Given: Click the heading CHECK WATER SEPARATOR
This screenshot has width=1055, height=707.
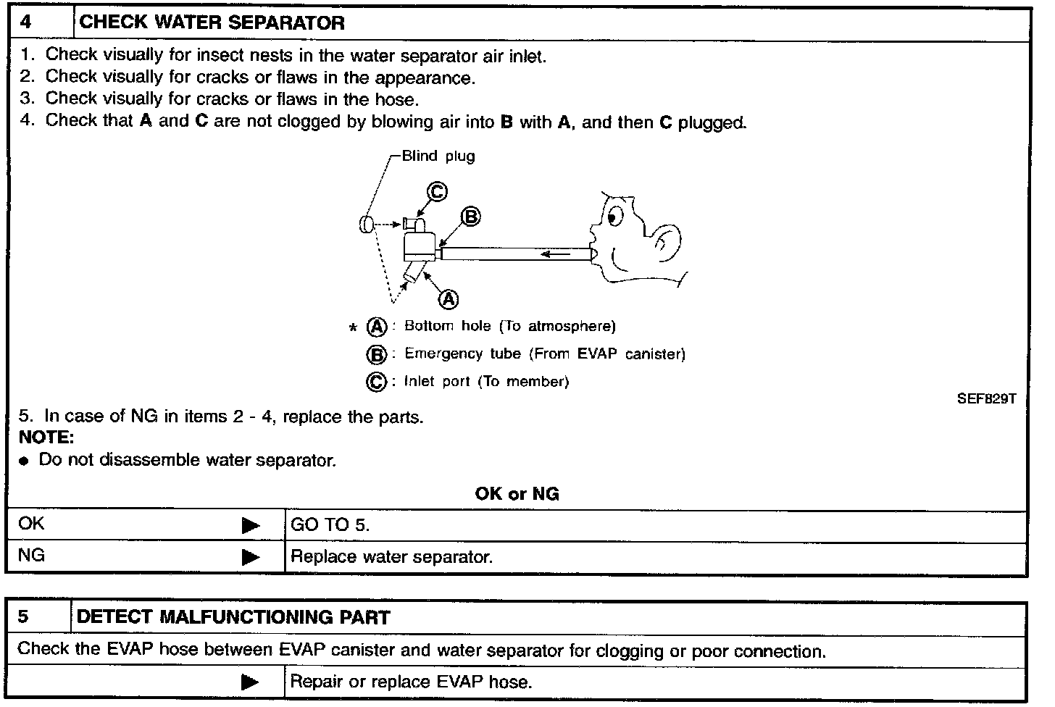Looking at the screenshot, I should [x=212, y=22].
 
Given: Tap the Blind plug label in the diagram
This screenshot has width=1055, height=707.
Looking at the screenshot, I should [x=438, y=156].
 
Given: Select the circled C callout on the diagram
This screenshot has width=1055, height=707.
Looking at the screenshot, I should [x=436, y=191].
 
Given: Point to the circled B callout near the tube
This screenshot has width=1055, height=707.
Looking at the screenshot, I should [x=471, y=216].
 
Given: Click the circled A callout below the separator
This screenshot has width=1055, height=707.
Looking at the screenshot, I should [x=449, y=298].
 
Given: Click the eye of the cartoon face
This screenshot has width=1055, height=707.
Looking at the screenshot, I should [x=614, y=216].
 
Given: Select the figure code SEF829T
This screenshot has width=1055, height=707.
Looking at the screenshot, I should [x=986, y=398].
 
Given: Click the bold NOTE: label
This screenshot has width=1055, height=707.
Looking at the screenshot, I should [x=46, y=438].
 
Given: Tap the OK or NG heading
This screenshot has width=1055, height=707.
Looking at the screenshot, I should [x=517, y=494].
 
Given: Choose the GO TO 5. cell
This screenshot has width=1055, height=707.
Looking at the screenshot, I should [x=330, y=525].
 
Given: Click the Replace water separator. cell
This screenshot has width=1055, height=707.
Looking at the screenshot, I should [x=391, y=557].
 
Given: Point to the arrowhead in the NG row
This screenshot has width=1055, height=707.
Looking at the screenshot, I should [x=251, y=557].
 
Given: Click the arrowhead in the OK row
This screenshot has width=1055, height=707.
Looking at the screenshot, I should [x=251, y=525].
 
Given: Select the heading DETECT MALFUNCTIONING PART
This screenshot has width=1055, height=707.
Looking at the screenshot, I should [x=233, y=617].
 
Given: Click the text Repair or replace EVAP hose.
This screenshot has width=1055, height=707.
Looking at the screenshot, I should [x=411, y=682].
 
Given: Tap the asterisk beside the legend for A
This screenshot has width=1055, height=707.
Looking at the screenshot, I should [x=353, y=328].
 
